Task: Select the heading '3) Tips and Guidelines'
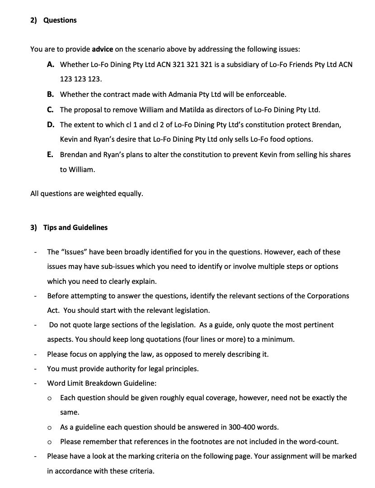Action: click(x=69, y=228)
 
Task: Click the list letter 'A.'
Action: click(x=51, y=65)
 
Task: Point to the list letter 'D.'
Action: click(x=51, y=124)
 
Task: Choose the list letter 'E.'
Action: click(x=51, y=154)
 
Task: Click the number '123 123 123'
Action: click(x=81, y=79)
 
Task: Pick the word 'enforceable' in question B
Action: click(x=265, y=95)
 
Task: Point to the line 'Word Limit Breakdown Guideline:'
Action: click(x=102, y=383)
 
